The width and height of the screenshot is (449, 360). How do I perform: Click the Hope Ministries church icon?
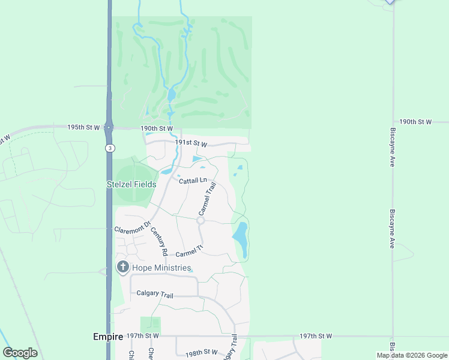click(x=123, y=267)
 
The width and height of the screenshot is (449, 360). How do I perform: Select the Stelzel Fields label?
click(x=131, y=185)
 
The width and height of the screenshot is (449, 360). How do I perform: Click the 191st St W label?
click(x=191, y=144)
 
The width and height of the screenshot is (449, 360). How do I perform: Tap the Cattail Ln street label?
click(x=192, y=179)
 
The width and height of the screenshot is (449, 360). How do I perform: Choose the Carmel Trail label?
click(x=207, y=200)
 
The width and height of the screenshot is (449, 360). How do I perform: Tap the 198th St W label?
click(x=201, y=352)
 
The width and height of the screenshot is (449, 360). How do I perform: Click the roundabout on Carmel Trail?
click(x=200, y=221)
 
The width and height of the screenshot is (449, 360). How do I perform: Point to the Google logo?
click(x=20, y=353)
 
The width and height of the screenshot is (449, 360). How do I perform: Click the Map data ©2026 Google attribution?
click(x=412, y=355)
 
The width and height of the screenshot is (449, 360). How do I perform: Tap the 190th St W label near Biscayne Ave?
click(x=415, y=122)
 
